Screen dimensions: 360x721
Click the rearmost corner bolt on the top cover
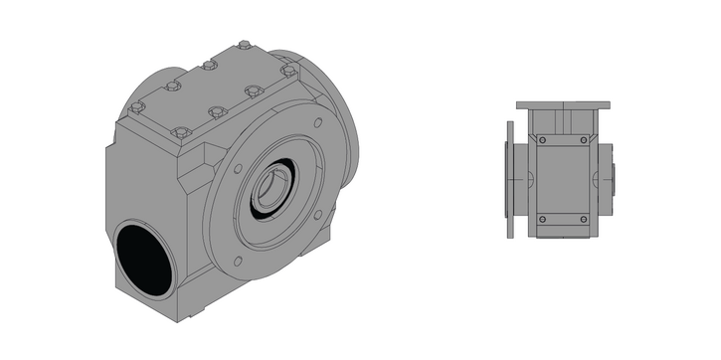[x=245, y=45]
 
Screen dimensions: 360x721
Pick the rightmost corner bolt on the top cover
[x=287, y=71]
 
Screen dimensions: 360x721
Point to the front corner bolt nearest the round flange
[x=180, y=132]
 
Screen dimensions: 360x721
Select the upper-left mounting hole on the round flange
[x=237, y=167]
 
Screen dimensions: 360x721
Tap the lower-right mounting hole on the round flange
[x=318, y=213]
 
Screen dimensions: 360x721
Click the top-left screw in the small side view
[x=542, y=141]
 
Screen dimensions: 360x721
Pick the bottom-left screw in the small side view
[x=542, y=219]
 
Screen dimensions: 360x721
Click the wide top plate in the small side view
[x=563, y=104]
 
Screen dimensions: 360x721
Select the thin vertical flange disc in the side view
[x=510, y=179]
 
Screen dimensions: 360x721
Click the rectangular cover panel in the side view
[x=563, y=180]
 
